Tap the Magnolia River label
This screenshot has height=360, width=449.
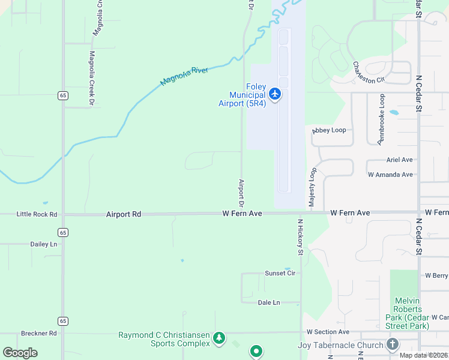[184, 77]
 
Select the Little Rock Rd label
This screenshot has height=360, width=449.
[37, 214]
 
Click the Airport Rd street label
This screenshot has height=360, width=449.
[123, 214]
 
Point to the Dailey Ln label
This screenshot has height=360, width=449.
[43, 244]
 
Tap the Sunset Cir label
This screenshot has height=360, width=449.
[280, 273]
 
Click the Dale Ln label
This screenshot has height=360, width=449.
[268, 302]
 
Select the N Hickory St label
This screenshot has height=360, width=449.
[301, 240]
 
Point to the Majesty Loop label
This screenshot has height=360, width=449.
[312, 188]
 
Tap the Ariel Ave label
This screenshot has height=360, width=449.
[400, 160]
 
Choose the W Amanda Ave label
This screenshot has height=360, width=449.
[390, 175]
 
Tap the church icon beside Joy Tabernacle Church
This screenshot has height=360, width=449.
[393, 344]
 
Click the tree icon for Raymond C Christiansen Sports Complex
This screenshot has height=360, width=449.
[219, 338]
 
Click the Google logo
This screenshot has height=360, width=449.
[20, 353]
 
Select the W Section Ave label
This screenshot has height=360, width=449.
[328, 332]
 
